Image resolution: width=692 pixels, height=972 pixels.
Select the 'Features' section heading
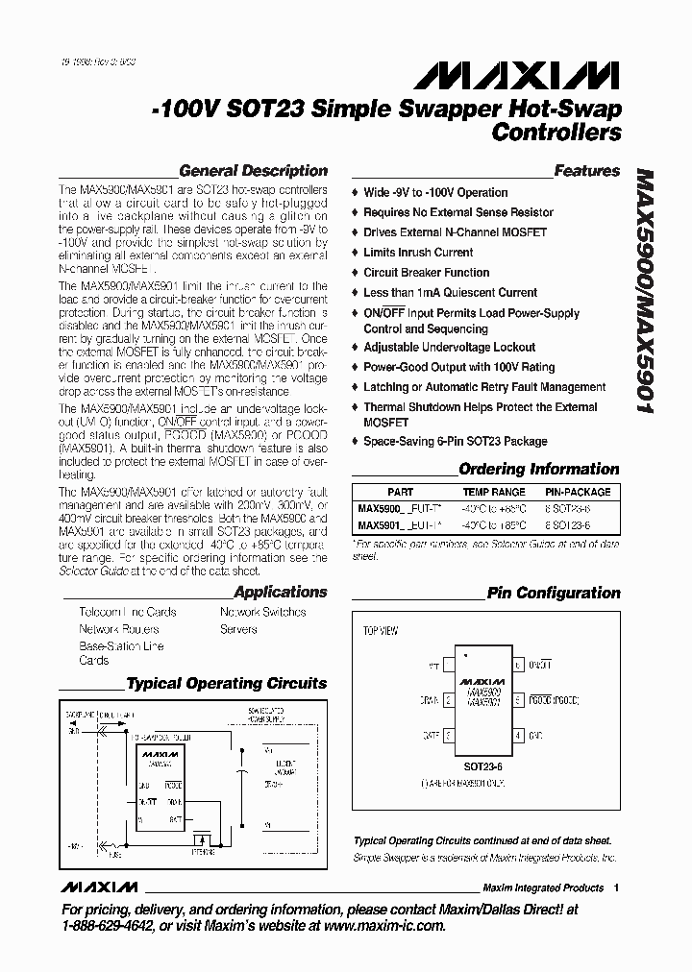coord(587,171)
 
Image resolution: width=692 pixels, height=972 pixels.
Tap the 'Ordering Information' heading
coord(539,470)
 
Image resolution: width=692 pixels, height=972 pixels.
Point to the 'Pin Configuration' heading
coord(554,593)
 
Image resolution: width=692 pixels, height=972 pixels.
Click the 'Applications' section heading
coord(281,593)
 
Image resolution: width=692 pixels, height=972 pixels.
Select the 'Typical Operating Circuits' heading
coord(227,684)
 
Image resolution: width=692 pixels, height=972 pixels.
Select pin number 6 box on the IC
coord(519,665)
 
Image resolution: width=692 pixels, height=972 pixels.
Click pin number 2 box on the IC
coord(449,701)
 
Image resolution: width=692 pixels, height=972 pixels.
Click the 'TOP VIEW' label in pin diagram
coord(381,632)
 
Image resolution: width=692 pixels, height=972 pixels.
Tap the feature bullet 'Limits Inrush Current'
coord(418,253)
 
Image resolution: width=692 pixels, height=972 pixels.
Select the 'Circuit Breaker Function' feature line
coord(426,273)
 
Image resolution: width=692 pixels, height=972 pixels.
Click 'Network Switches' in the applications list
coord(262,612)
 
